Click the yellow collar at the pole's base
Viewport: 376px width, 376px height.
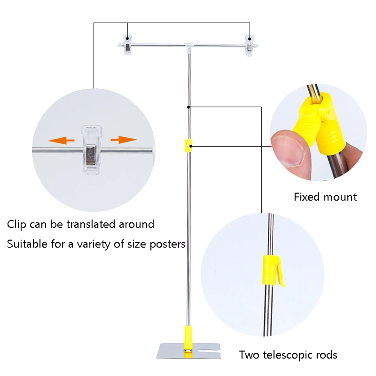[188, 335]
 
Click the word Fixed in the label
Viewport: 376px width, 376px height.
[306, 197]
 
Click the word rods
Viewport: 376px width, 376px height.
[326, 355]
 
